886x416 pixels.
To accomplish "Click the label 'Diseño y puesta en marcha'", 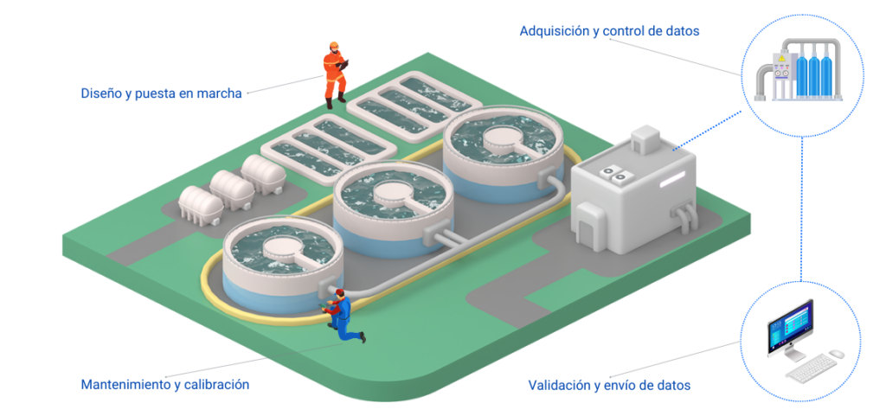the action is (x=161, y=93).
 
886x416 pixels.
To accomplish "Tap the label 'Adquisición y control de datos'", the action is (x=609, y=31).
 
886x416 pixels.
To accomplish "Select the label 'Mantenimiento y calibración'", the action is (x=165, y=385).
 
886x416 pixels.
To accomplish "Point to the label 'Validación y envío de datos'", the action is (x=609, y=386).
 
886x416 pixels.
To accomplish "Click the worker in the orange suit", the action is (x=336, y=74).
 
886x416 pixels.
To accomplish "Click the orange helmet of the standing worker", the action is (x=334, y=45).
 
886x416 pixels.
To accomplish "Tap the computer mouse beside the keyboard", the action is (x=837, y=354).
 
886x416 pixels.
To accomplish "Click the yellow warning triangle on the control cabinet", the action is (x=782, y=58).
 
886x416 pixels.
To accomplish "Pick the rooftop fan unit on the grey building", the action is (x=616, y=173).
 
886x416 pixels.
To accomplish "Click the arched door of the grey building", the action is (x=589, y=224).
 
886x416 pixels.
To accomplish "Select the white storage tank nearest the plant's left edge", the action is (x=200, y=205).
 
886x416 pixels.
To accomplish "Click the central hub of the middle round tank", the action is (x=394, y=193).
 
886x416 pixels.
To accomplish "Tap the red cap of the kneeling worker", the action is (x=339, y=291).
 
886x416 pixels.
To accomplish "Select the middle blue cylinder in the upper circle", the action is (x=813, y=75).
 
